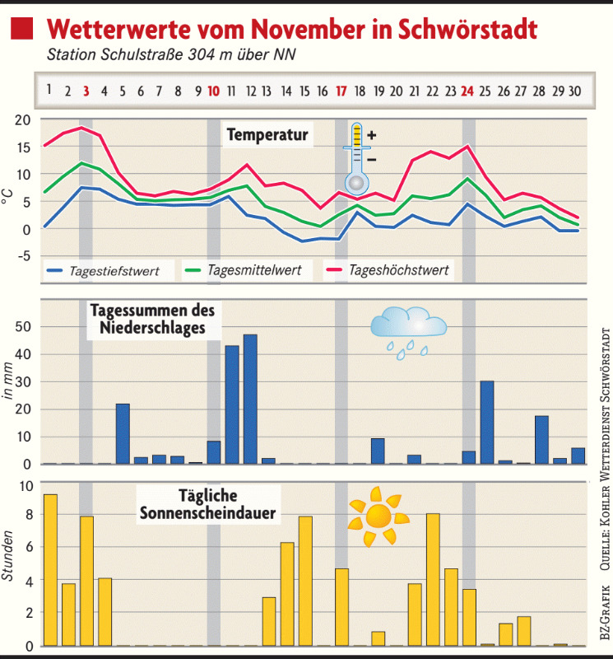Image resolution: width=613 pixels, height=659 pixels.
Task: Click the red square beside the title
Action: (x=23, y=30)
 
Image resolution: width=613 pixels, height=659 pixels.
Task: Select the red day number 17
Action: (x=341, y=90)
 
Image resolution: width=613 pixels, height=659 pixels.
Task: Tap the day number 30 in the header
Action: (x=575, y=90)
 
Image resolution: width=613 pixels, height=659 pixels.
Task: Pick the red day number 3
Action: (x=86, y=90)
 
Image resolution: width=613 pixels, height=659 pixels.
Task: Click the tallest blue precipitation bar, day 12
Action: (x=250, y=400)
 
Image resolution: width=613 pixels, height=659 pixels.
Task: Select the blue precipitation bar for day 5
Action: (x=123, y=433)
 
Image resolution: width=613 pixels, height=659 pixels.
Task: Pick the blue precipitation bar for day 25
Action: (x=487, y=423)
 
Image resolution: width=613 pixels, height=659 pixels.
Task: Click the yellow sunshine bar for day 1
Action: (x=50, y=570)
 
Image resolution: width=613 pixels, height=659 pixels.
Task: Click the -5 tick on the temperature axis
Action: (x=21, y=256)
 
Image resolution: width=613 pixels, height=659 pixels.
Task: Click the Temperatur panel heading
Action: (x=267, y=134)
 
